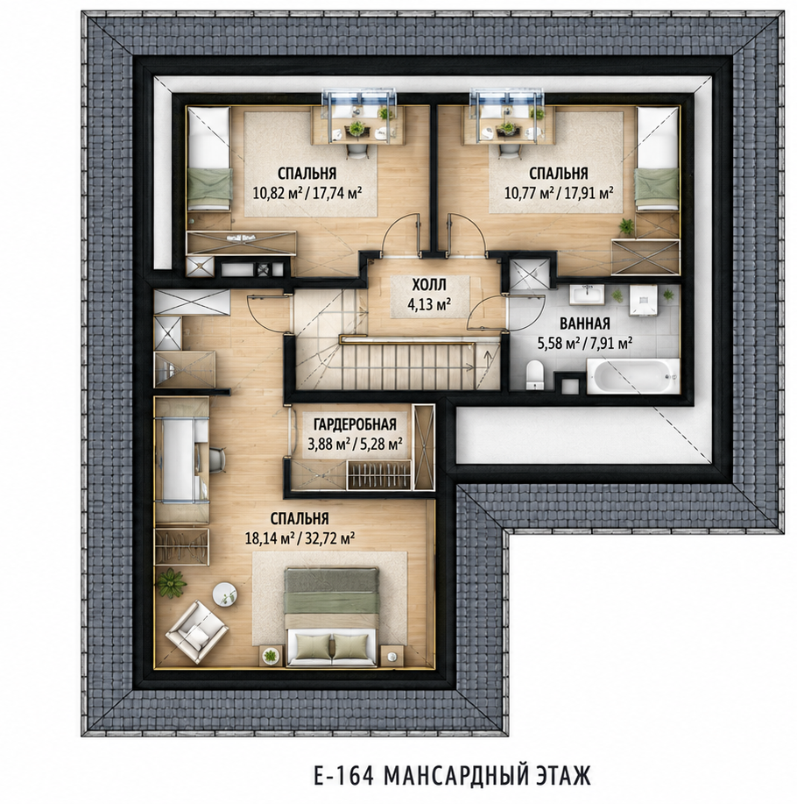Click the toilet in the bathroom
[x=534, y=375]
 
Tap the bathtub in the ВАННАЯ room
[x=633, y=377]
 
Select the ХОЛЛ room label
[x=430, y=285]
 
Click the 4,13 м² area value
[x=429, y=305]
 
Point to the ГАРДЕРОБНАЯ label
[x=355, y=424]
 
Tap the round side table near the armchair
[x=225, y=594]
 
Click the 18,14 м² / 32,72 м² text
[x=300, y=538]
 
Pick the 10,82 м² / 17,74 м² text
[x=307, y=192]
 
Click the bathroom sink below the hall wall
[x=586, y=295]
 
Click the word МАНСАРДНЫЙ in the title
[x=452, y=775]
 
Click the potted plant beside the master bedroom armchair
[x=170, y=583]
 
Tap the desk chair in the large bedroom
[x=218, y=458]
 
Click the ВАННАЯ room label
[x=584, y=324]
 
